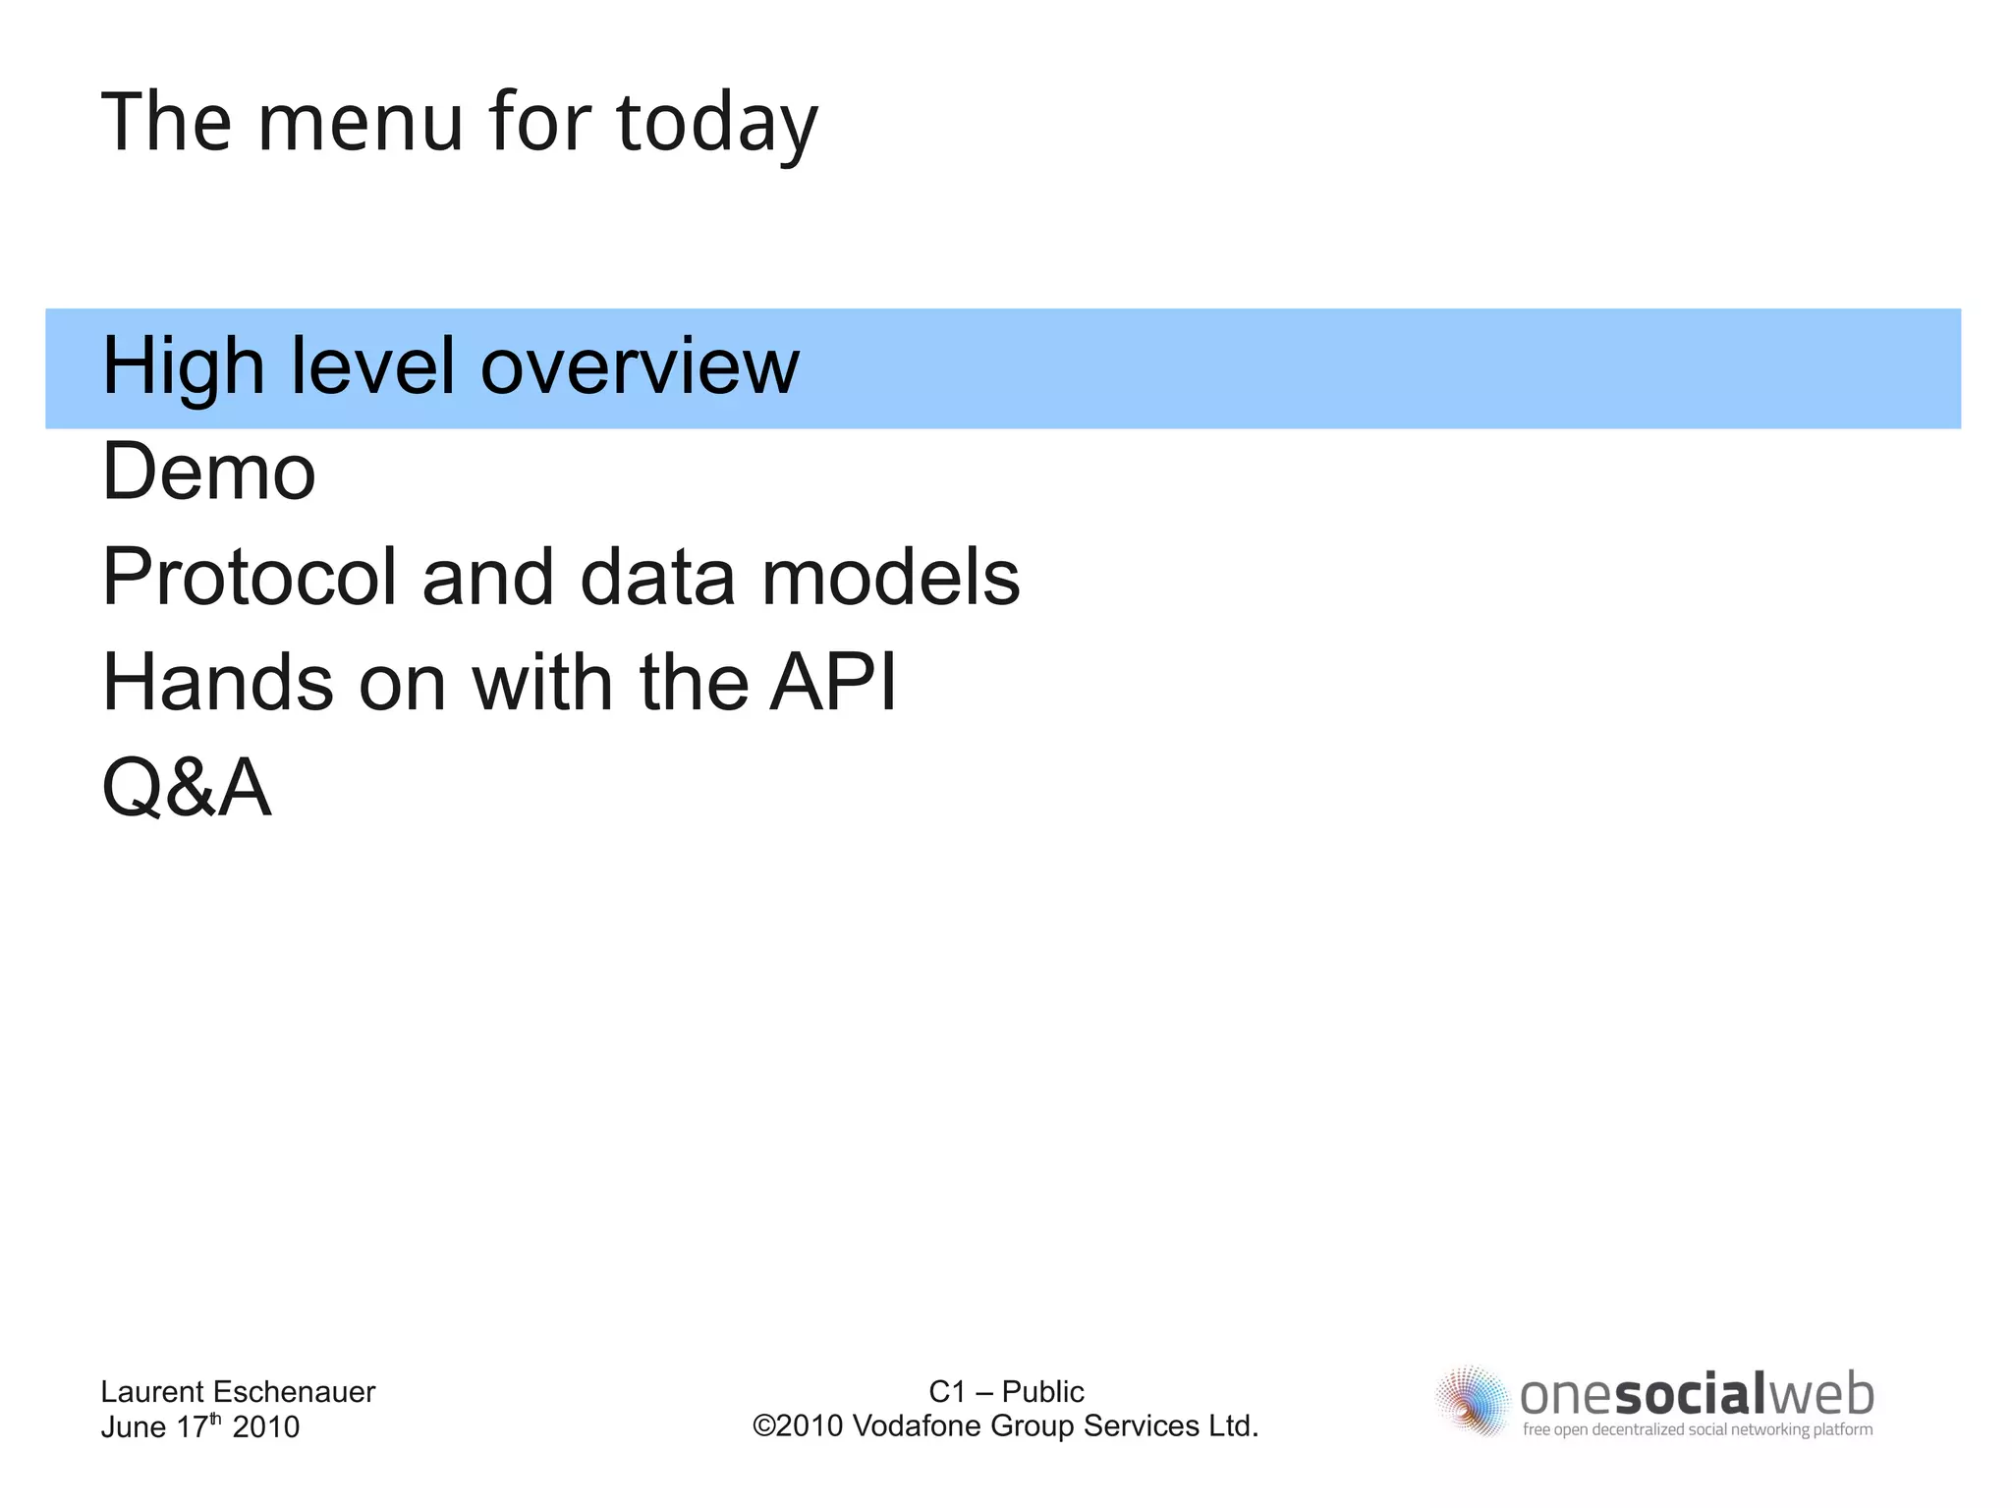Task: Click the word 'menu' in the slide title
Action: click(360, 123)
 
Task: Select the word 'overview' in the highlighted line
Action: click(640, 366)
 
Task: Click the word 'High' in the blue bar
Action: click(183, 366)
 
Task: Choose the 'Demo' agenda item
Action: click(208, 472)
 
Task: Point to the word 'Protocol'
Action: click(249, 578)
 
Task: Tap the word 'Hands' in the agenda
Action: click(217, 682)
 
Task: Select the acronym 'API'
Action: click(832, 682)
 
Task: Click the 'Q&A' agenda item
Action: click(187, 788)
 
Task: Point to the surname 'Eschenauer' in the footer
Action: click(294, 1391)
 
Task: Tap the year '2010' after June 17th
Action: click(265, 1426)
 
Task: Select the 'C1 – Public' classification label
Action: click(1006, 1391)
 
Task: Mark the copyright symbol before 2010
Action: click(763, 1425)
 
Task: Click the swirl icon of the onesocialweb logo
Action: click(1471, 1400)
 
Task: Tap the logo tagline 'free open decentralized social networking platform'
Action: click(1697, 1429)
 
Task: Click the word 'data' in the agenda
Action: click(657, 578)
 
